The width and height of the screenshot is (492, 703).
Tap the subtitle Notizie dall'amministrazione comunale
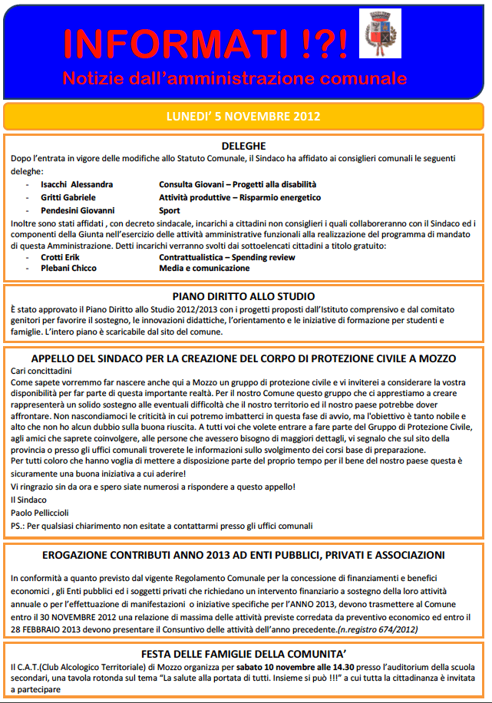pos(234,78)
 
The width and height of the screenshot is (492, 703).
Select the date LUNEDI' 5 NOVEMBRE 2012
pos(243,117)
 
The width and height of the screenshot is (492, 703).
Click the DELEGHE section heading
pos(243,145)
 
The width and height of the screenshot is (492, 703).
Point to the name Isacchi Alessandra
pos(77,185)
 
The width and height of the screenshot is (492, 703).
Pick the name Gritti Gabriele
pos(68,197)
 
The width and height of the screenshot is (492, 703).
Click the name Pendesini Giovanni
pos(78,210)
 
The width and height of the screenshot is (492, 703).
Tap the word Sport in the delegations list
pos(170,210)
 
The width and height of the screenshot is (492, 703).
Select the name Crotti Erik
pos(62,257)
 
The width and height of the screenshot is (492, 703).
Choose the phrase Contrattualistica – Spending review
pos(226,257)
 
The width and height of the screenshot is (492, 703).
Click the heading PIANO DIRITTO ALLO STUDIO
pos(243,295)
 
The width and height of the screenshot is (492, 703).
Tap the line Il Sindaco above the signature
pos(29,500)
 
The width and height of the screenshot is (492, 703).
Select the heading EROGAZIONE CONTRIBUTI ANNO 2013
pos(243,554)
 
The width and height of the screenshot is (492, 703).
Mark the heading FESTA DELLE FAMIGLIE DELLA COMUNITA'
pos(243,654)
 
